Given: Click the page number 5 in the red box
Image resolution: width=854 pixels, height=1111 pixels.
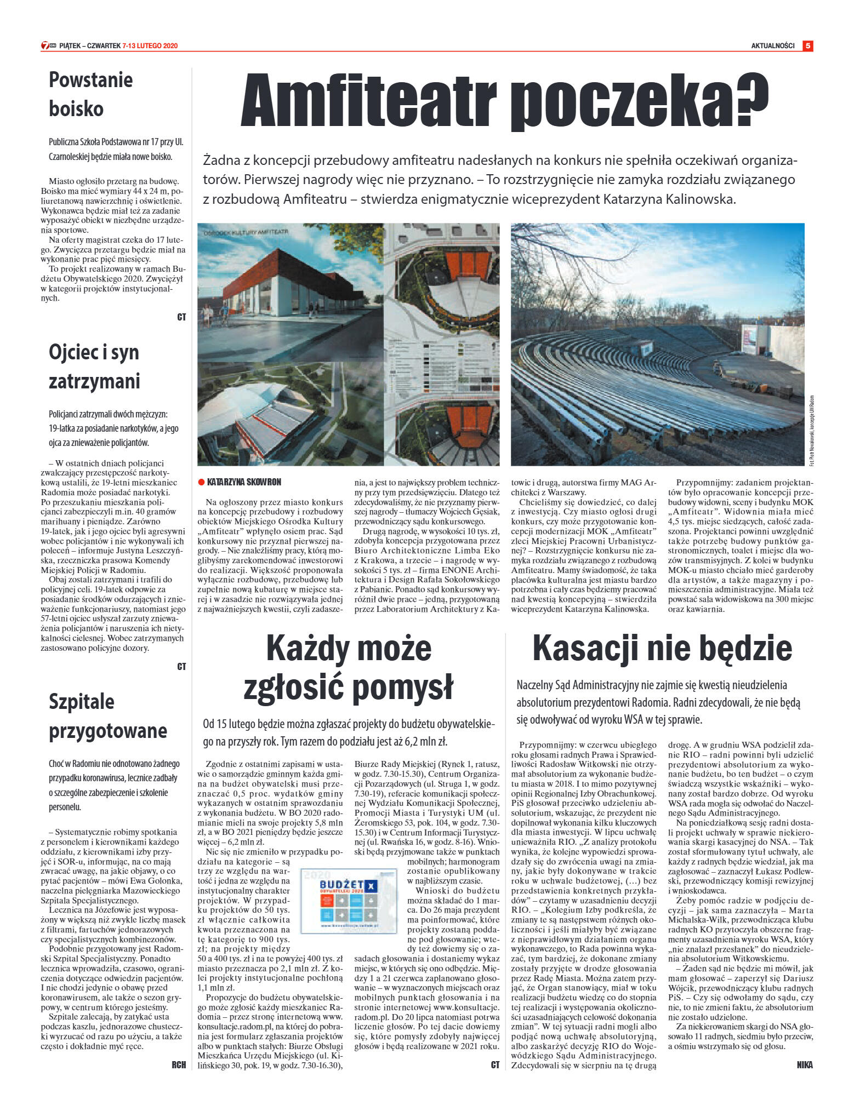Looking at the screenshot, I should (x=807, y=46).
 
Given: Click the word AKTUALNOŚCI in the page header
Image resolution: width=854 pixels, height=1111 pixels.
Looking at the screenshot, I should (x=772, y=46).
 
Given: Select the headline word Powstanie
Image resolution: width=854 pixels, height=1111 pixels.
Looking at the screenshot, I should (x=90, y=80).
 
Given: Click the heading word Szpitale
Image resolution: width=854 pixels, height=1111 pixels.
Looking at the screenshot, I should (x=82, y=702).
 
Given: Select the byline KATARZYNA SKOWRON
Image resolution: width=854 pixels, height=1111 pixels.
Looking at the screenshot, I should (x=244, y=482).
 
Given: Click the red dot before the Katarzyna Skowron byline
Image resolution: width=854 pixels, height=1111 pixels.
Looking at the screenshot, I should (x=201, y=482).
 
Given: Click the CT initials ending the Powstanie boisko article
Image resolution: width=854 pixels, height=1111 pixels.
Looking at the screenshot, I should (x=181, y=317).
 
